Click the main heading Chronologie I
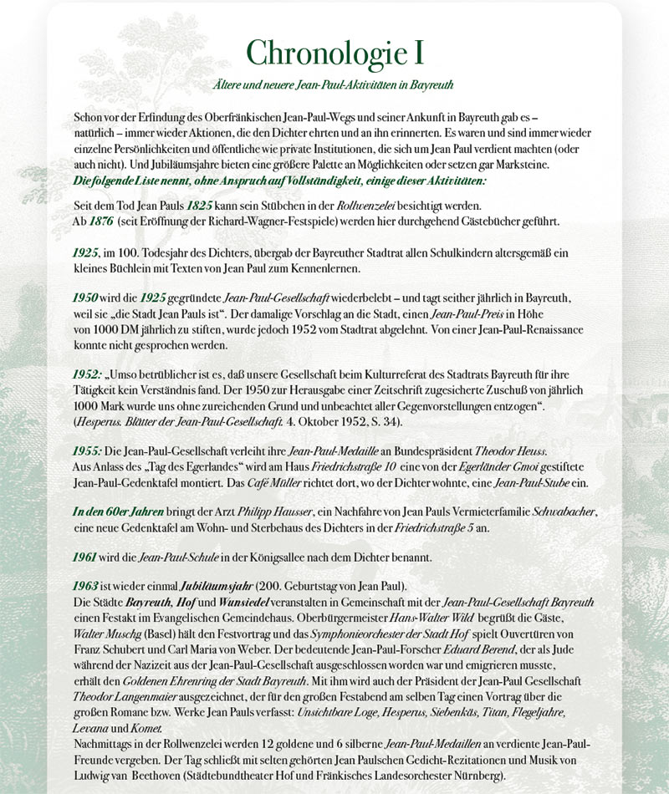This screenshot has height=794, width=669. click(x=334, y=52)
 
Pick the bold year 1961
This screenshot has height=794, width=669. click(x=88, y=553)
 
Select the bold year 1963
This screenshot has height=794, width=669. click(x=88, y=585)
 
